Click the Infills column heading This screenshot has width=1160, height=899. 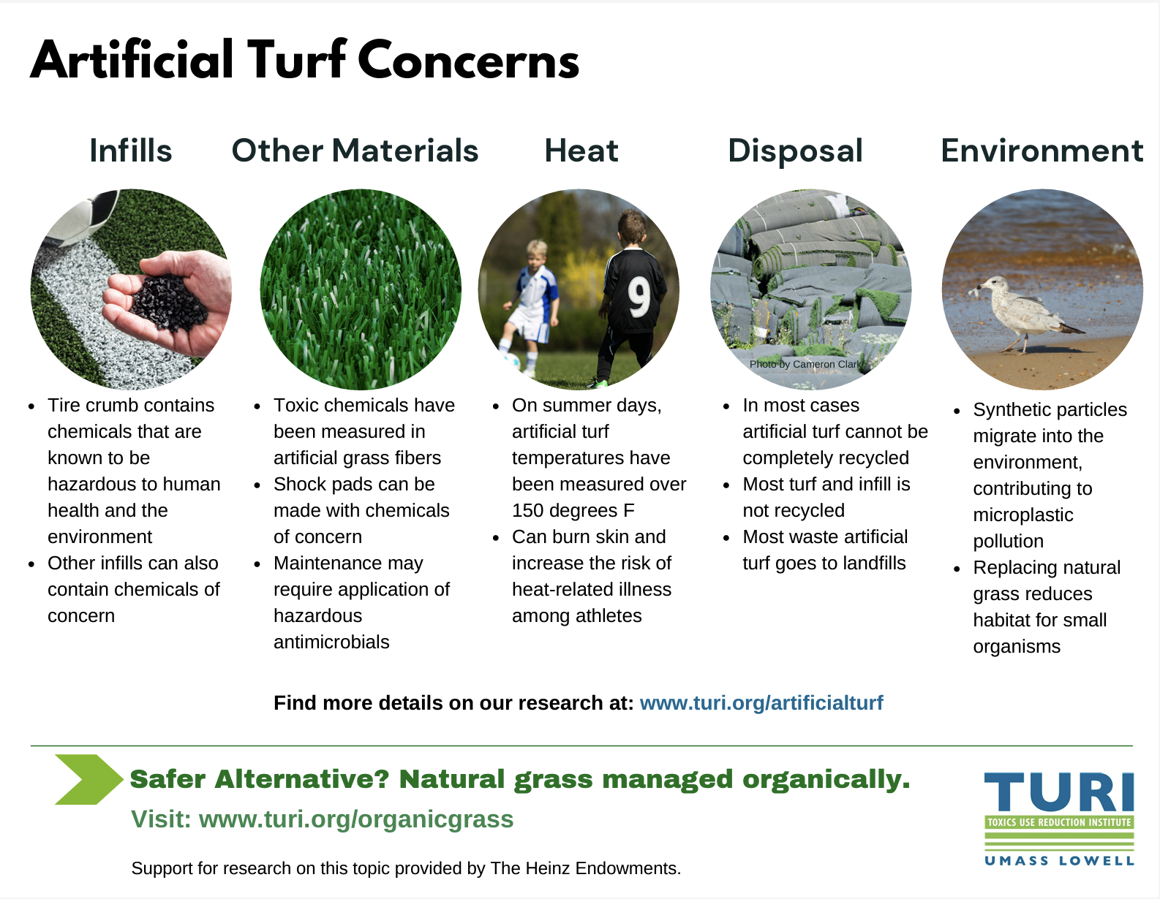(131, 151)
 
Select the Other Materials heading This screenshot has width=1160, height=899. (355, 151)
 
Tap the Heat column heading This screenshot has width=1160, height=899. (581, 151)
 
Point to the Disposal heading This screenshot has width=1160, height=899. (795, 151)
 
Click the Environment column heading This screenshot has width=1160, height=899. (1042, 151)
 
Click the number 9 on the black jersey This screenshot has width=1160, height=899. (639, 297)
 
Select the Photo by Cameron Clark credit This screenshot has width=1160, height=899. (805, 364)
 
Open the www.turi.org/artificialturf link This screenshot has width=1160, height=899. (761, 703)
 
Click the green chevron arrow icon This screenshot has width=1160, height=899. (88, 779)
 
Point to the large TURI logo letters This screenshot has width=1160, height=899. (1059, 792)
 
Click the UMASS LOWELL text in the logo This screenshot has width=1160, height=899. (1059, 861)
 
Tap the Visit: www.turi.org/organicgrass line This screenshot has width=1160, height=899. (322, 819)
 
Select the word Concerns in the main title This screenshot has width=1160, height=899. (469, 60)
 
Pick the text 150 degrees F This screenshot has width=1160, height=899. (573, 510)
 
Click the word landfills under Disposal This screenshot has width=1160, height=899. (874, 563)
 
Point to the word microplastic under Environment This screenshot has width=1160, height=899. (1022, 515)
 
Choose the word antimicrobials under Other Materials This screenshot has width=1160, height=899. (331, 642)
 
